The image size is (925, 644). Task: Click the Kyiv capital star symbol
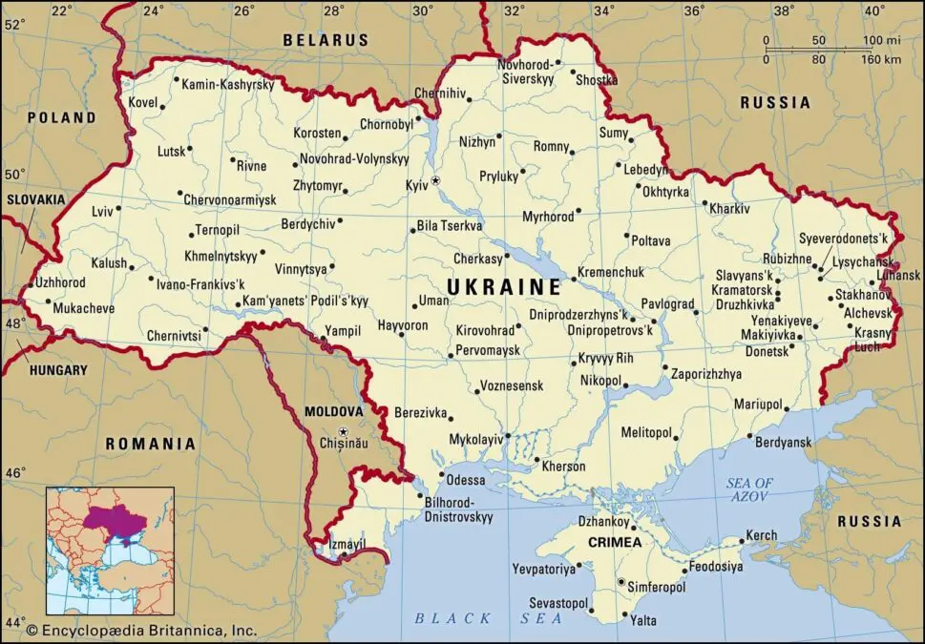pyautogui.click(x=436, y=180)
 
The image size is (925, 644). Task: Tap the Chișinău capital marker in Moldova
pyautogui.click(x=343, y=431)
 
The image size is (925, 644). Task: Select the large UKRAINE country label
pyautogui.click(x=505, y=287)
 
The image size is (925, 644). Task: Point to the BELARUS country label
pyautogui.click(x=326, y=40)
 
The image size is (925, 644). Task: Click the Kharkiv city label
pyautogui.click(x=731, y=208)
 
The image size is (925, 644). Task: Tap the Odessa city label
pyautogui.click(x=466, y=480)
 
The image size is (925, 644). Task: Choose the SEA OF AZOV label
pyautogui.click(x=749, y=490)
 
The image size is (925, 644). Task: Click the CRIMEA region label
pyautogui.click(x=615, y=542)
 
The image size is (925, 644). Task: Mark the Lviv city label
pyautogui.click(x=102, y=210)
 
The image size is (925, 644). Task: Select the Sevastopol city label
pyautogui.click(x=558, y=604)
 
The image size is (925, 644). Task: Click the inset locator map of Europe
pyautogui.click(x=110, y=551)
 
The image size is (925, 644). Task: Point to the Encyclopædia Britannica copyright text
pyautogui.click(x=141, y=630)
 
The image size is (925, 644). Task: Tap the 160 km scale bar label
pyautogui.click(x=879, y=59)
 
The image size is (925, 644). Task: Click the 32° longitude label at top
pyautogui.click(x=514, y=10)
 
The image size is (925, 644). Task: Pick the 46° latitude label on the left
pyautogui.click(x=16, y=472)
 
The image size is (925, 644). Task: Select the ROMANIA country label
pyautogui.click(x=150, y=444)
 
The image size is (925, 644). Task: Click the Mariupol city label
pyautogui.click(x=757, y=405)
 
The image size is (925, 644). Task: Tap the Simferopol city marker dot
pyautogui.click(x=621, y=582)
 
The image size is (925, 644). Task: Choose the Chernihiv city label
pyautogui.click(x=440, y=93)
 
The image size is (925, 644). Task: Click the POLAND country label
pyautogui.click(x=61, y=117)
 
